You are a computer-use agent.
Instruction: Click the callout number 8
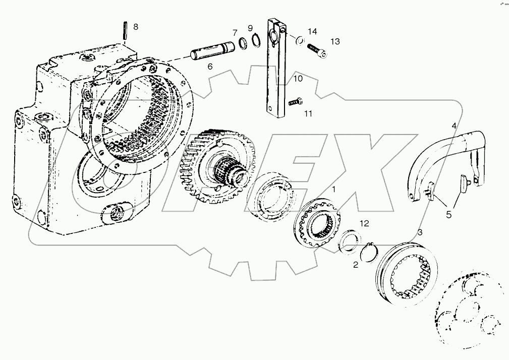point(135,27)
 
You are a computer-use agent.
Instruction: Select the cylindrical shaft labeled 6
point(211,51)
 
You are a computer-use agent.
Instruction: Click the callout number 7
point(235,33)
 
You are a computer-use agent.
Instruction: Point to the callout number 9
point(250,28)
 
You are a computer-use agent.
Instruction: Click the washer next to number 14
point(300,41)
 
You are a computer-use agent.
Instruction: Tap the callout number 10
point(298,79)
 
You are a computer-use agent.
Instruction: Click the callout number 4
point(454,125)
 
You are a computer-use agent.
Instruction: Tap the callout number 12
point(364,223)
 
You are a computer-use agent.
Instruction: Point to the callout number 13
point(335,41)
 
